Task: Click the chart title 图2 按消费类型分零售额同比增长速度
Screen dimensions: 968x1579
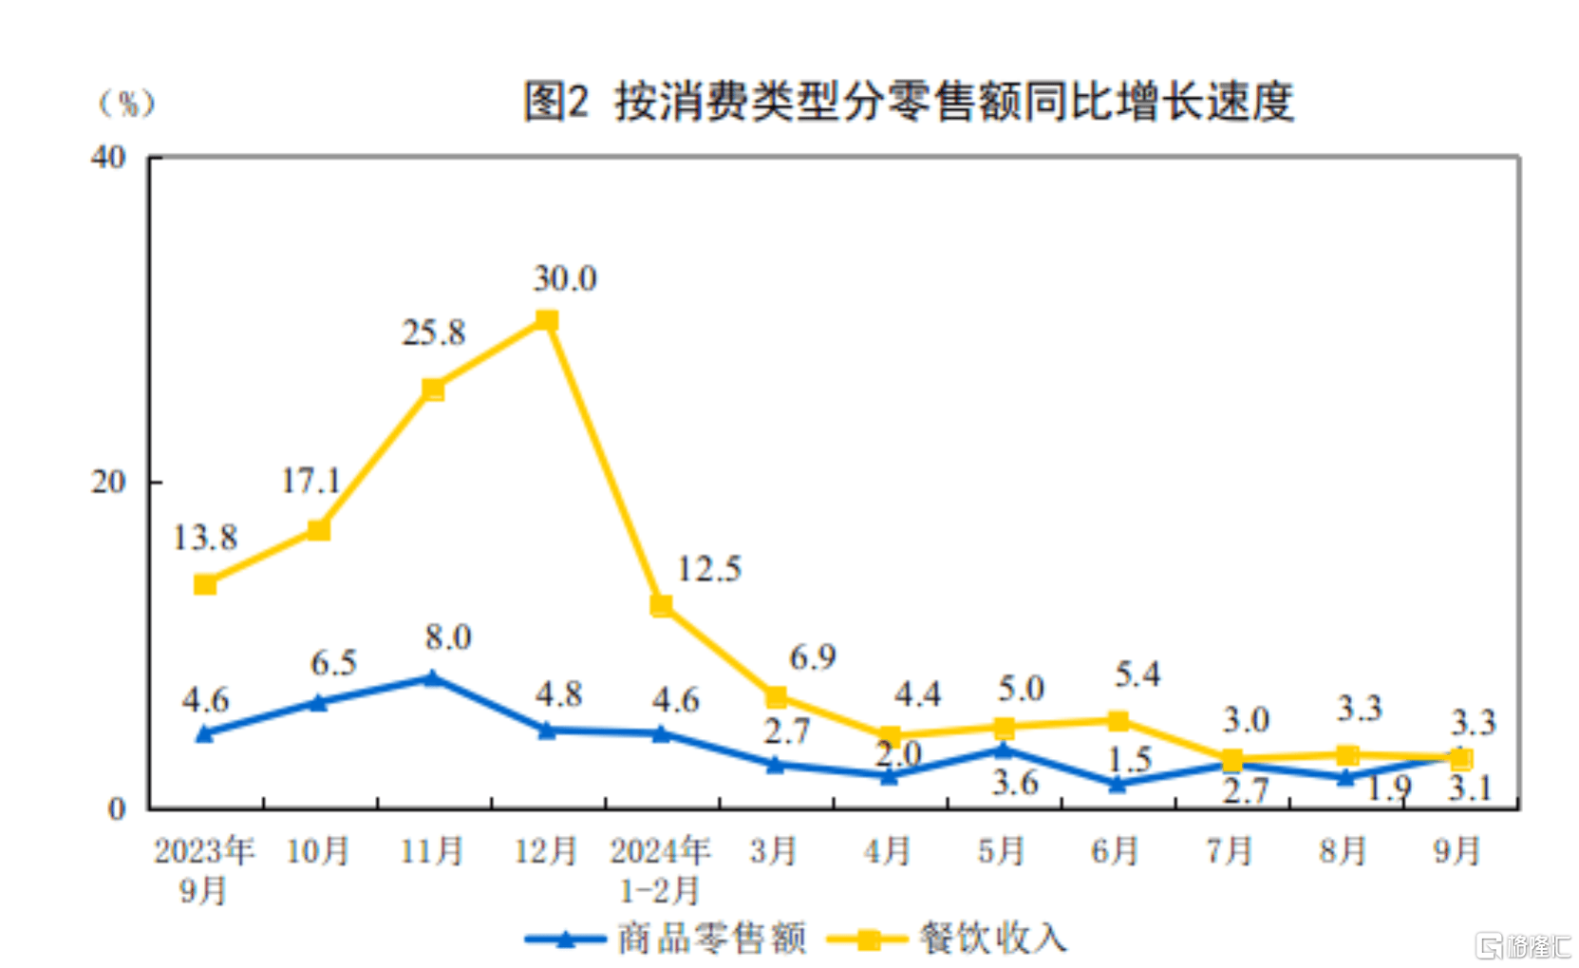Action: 908,102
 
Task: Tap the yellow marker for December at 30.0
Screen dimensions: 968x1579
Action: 547,320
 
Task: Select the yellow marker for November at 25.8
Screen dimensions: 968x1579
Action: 433,389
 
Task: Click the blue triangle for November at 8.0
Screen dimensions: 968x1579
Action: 433,678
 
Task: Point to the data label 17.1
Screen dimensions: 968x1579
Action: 310,481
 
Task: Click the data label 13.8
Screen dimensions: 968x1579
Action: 204,538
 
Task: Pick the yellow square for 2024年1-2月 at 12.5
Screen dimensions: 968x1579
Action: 662,605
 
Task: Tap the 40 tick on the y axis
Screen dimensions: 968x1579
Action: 108,158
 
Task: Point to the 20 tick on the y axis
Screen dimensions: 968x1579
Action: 108,483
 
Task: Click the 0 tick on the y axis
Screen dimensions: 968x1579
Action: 117,808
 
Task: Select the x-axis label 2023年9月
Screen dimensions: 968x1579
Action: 204,870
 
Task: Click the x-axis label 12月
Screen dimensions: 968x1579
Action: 546,851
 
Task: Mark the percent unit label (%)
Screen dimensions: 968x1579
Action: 126,103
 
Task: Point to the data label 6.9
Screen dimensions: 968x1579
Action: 813,657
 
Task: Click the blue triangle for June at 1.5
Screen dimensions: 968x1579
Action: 1118,785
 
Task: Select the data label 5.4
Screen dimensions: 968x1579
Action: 1137,674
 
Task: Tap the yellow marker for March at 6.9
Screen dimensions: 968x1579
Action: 776,697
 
